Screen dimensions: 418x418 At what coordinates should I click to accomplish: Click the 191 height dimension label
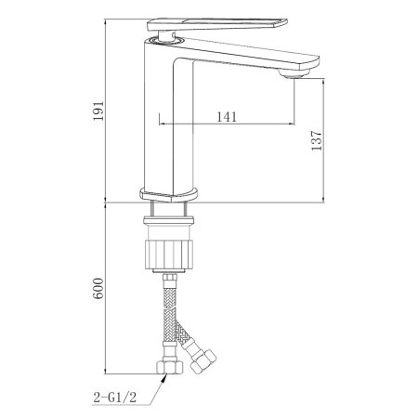coord(98,111)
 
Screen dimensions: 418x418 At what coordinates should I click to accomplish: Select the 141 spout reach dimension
coord(227,117)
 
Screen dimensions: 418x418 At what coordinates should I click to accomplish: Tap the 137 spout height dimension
coord(317,140)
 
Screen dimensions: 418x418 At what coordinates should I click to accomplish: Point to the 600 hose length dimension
coord(98,288)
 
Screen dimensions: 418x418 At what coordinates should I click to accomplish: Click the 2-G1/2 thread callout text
coord(115,398)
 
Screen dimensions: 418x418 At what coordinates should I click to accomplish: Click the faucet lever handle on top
coord(217,24)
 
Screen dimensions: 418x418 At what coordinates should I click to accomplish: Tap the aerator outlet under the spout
coord(294,73)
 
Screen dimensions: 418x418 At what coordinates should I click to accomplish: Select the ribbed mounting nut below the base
coord(169,255)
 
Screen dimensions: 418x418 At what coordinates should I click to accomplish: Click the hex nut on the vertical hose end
coord(170,367)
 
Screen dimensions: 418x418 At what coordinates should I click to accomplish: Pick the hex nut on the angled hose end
coord(203,361)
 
